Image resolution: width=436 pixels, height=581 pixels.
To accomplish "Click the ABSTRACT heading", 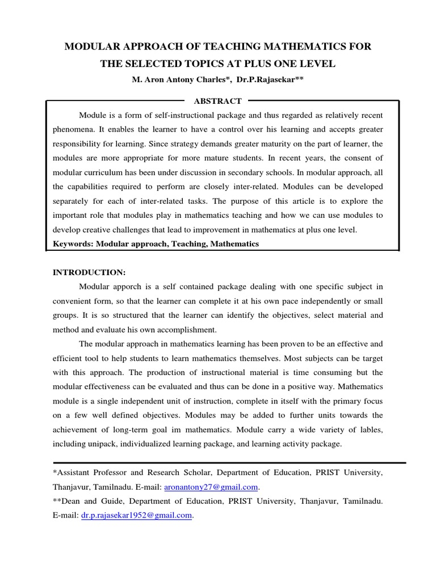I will (218, 101).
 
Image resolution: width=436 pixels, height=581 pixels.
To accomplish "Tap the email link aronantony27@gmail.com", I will (211, 487).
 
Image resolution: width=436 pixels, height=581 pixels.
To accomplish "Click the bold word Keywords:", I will (73, 243).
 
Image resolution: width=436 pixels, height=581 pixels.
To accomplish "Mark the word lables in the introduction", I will (368, 430).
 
